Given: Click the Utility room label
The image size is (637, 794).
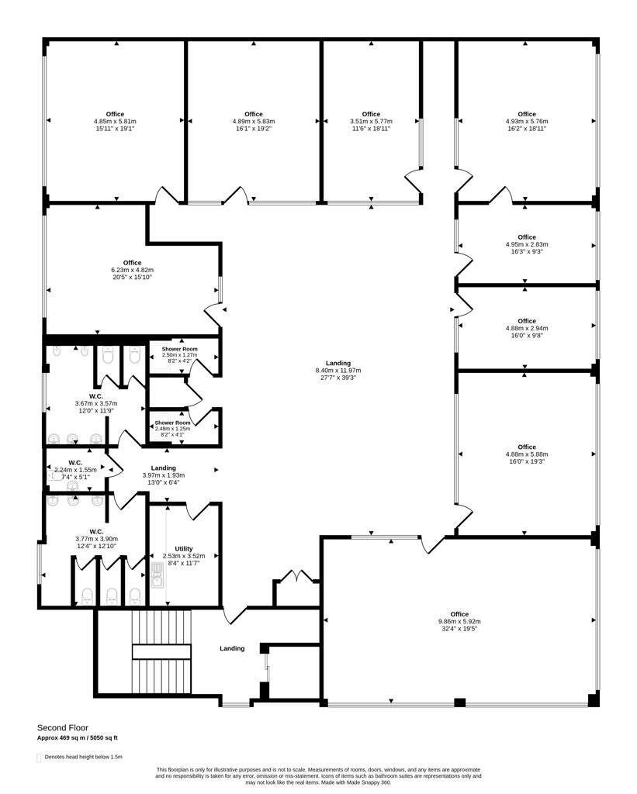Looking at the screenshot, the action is click(x=183, y=548).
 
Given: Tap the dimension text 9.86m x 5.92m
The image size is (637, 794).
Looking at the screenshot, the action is click(x=459, y=621).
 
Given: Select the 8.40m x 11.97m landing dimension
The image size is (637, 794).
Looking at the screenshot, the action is click(x=338, y=370).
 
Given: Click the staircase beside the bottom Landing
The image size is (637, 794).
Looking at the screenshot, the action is click(x=161, y=651).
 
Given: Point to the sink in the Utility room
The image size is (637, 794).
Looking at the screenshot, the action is click(x=157, y=575).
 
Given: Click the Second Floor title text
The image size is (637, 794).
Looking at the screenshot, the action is click(x=63, y=727).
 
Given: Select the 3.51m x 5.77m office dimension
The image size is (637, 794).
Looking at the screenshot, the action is click(x=371, y=121).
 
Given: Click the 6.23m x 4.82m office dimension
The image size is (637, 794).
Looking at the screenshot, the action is click(x=132, y=270).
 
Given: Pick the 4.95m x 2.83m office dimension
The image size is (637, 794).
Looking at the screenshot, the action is click(x=527, y=244).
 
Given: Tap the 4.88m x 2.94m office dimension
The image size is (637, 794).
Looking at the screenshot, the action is click(x=527, y=328).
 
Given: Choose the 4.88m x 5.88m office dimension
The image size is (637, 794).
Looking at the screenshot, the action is click(x=527, y=454).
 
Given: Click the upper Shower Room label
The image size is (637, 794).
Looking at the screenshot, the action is click(x=179, y=349).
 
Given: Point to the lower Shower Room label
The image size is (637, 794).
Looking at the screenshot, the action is click(x=172, y=423).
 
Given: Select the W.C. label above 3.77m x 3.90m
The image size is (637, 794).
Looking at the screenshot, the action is click(x=96, y=532).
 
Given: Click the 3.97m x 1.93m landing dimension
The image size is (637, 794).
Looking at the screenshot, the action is click(x=163, y=475).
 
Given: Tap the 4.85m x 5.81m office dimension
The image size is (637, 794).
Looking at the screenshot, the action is click(x=115, y=121).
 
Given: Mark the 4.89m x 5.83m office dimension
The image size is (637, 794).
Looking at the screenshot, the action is click(x=254, y=121).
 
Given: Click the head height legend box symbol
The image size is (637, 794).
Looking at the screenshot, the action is click(x=39, y=758).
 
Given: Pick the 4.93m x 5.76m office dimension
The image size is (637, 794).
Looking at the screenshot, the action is click(x=527, y=121).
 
